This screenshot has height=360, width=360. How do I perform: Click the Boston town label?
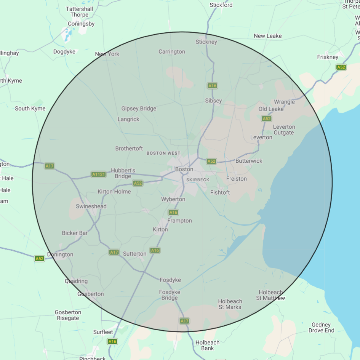point(184,169)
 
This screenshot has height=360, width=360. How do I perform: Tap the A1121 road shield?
point(98,174)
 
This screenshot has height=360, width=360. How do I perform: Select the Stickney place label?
point(206,42)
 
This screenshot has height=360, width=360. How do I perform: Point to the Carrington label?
point(172,52)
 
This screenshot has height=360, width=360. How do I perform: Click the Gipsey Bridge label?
point(139,109)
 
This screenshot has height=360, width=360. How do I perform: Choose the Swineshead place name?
point(91,206)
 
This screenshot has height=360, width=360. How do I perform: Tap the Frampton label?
point(179,221)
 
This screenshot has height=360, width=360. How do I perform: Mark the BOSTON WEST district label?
point(163,153)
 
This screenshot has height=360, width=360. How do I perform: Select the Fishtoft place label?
point(220,192)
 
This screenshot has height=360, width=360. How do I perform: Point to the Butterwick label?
point(249,161)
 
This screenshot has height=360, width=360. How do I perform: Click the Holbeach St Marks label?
point(230,304)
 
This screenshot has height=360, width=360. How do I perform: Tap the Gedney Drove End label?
point(321,328)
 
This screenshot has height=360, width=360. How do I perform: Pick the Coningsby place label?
point(81,24)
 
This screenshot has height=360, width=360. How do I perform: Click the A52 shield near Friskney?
point(341,67)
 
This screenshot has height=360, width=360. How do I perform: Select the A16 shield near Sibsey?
point(212,86)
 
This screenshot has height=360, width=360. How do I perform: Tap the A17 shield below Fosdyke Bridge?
point(184,321)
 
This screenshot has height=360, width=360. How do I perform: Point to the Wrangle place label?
point(284,102)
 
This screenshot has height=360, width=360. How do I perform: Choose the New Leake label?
point(268,36)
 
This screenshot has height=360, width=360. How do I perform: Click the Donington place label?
point(60,254)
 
